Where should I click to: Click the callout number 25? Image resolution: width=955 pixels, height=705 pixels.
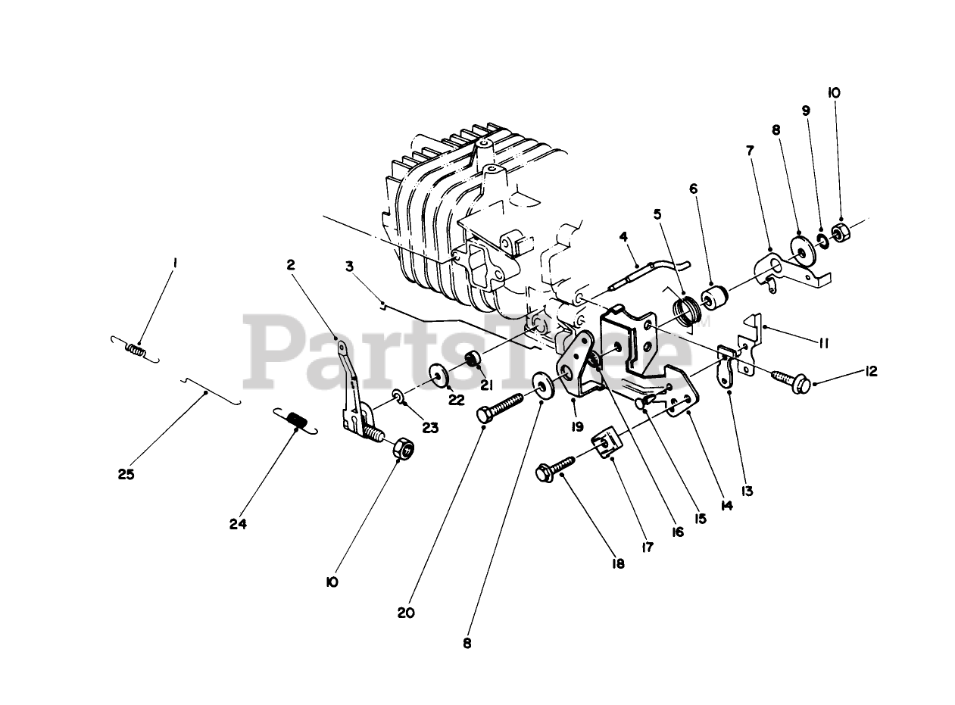(x=126, y=475)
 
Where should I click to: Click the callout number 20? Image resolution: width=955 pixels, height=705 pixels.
(x=406, y=613)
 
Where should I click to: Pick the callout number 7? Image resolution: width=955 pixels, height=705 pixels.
(x=750, y=151)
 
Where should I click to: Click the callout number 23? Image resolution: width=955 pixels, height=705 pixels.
(x=430, y=427)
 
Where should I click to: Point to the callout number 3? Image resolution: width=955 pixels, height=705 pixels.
(x=349, y=266)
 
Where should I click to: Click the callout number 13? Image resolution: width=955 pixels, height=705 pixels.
(x=747, y=491)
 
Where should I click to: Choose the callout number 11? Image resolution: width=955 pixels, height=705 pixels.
(x=823, y=343)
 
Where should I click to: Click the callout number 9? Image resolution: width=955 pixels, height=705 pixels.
(x=806, y=111)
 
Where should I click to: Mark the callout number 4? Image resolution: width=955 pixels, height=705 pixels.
(x=623, y=236)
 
